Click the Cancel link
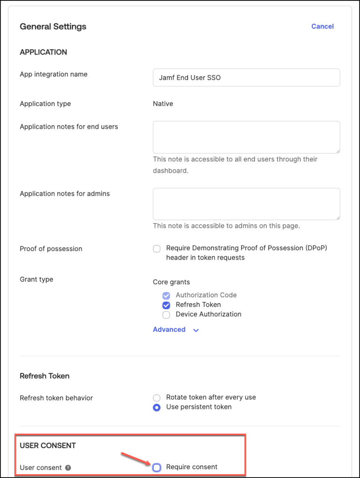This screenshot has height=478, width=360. (322, 27)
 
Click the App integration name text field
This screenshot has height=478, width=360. (246, 77)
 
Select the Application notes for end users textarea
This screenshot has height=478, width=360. (246, 137)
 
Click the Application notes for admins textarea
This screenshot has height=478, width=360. (246, 204)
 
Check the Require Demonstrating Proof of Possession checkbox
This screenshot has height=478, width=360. (157, 249)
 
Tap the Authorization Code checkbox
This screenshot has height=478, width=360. (166, 295)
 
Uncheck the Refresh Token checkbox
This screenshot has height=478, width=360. (166, 305)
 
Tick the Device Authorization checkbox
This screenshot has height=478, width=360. (166, 315)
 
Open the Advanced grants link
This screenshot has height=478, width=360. (169, 330)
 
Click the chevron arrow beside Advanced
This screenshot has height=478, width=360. (196, 330)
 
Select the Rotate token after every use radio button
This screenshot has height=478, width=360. (157, 398)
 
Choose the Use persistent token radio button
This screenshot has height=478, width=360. (157, 407)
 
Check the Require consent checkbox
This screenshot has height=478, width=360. (157, 467)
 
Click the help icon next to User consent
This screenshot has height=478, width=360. (68, 467)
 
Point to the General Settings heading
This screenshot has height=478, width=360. (53, 27)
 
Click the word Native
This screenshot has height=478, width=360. (163, 104)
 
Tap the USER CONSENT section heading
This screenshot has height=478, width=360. (48, 445)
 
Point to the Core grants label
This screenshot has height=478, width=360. (171, 282)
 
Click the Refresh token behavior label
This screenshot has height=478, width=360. (56, 398)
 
